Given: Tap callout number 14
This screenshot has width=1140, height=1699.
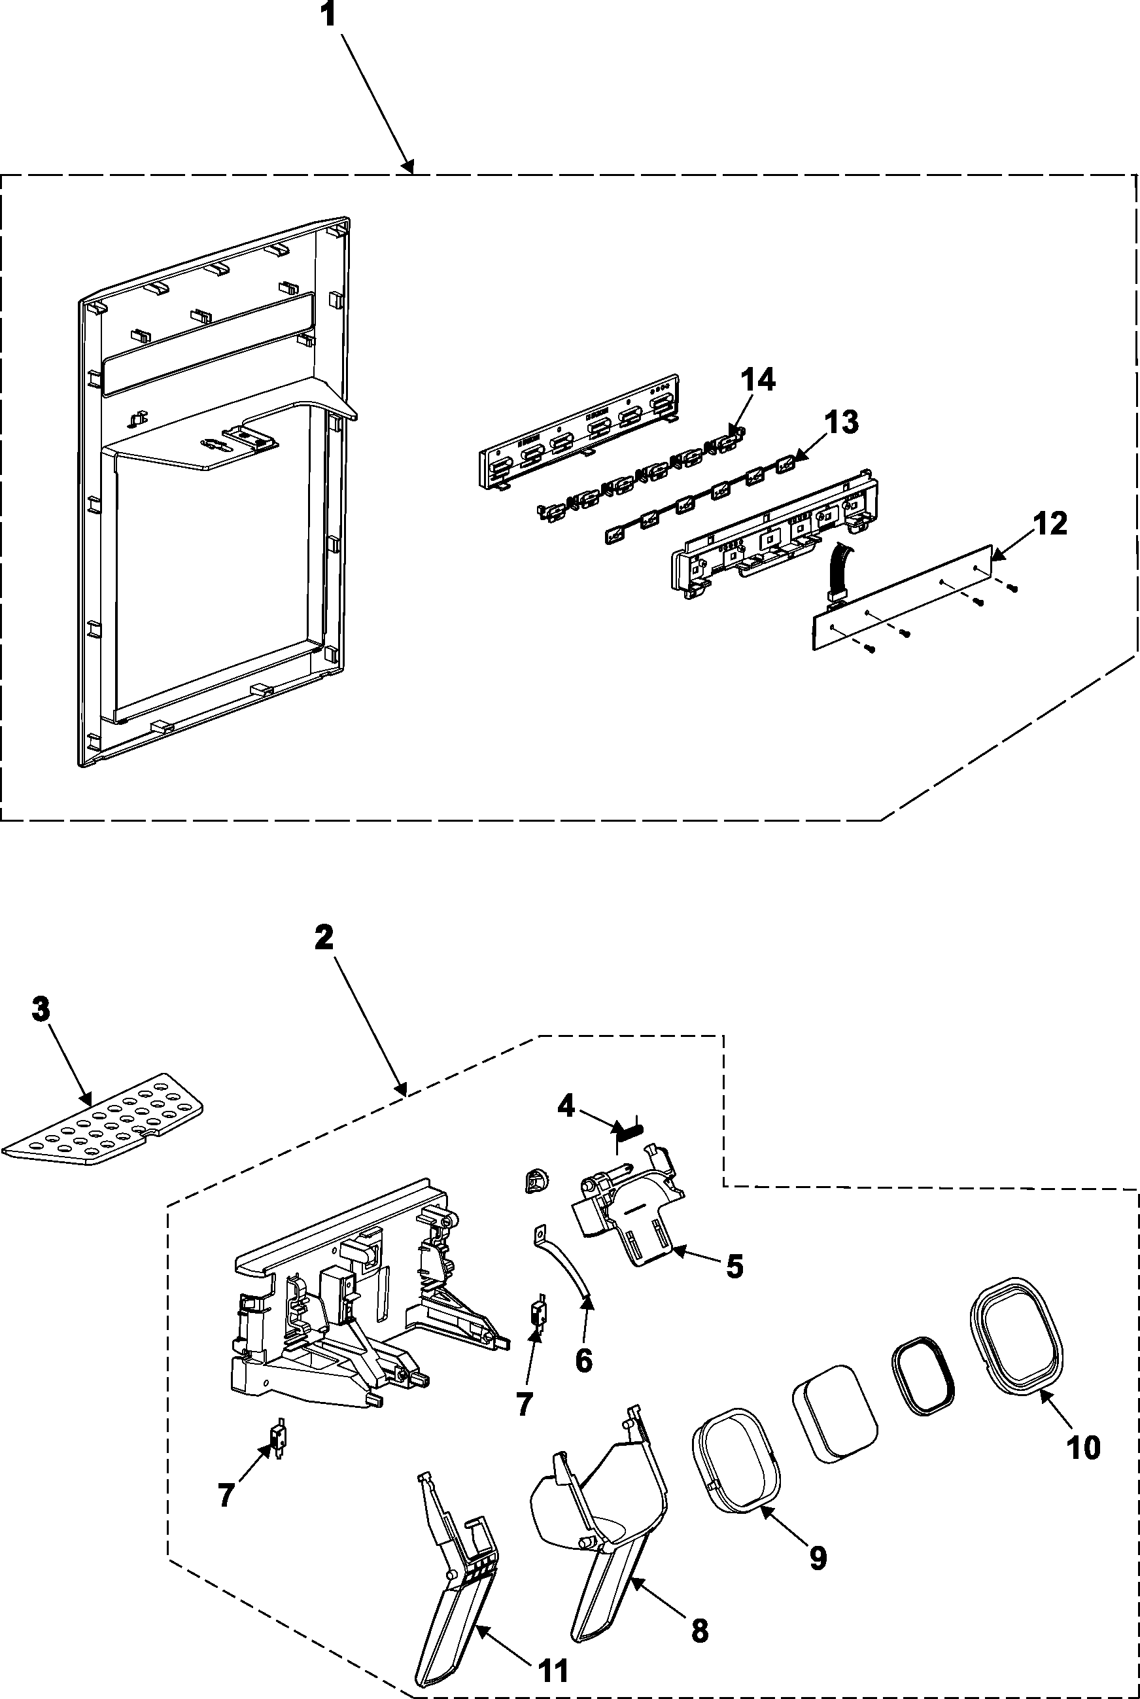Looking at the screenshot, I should (757, 379).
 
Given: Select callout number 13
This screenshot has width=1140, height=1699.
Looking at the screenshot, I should (841, 423).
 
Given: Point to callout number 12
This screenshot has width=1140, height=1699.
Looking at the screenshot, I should (1050, 523).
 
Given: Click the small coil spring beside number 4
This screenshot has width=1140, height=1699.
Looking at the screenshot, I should (630, 1129).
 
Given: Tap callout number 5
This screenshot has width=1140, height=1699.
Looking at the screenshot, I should (734, 1267).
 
